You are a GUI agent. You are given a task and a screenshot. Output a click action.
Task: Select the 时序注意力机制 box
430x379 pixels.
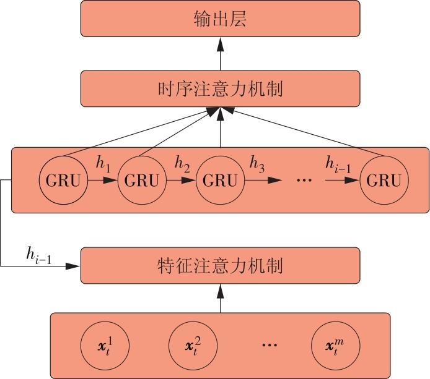tap(220, 88)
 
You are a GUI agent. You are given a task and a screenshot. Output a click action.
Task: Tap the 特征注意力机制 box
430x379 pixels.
tap(220, 266)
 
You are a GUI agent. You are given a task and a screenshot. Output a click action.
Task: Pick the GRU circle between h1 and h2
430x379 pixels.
tap(141, 181)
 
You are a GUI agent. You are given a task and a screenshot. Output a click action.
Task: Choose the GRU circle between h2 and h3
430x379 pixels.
tap(220, 181)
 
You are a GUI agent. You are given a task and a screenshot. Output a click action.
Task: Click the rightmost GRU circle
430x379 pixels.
tap(383, 181)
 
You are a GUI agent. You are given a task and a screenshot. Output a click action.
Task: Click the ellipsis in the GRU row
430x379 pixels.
tap(304, 180)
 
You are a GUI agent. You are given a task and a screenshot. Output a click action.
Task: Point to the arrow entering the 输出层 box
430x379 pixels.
tap(220, 53)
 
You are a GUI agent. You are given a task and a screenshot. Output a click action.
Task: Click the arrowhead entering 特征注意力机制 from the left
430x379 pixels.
tap(74, 266)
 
